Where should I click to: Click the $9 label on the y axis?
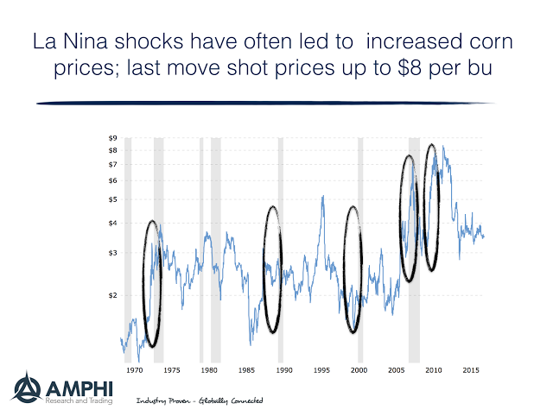pos(111,137)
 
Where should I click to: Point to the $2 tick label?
pos(111,295)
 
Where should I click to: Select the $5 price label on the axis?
pos(111,200)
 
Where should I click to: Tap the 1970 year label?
pos(134,369)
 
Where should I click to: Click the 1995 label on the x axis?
pos(321,369)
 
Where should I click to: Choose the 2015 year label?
pos(471,369)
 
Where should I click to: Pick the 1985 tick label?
pos(246,369)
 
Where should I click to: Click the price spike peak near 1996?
pos(323,197)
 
